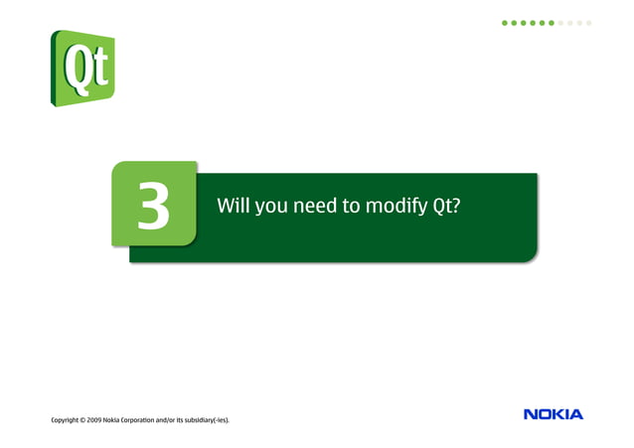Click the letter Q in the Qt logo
pos(75,67)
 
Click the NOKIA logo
pos(554,414)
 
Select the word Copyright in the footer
pos(69,420)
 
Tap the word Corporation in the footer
pos(151,420)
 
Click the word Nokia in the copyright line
pos(125,420)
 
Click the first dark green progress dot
pos(504,22)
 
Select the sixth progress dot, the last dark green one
pos(552,22)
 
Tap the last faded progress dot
pos(589,22)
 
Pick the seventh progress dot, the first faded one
pos(561,22)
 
